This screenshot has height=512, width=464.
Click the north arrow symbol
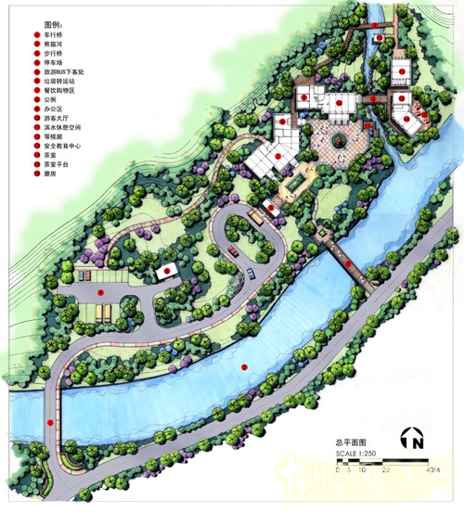(411, 441)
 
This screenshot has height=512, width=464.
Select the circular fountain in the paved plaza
(339, 140)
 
